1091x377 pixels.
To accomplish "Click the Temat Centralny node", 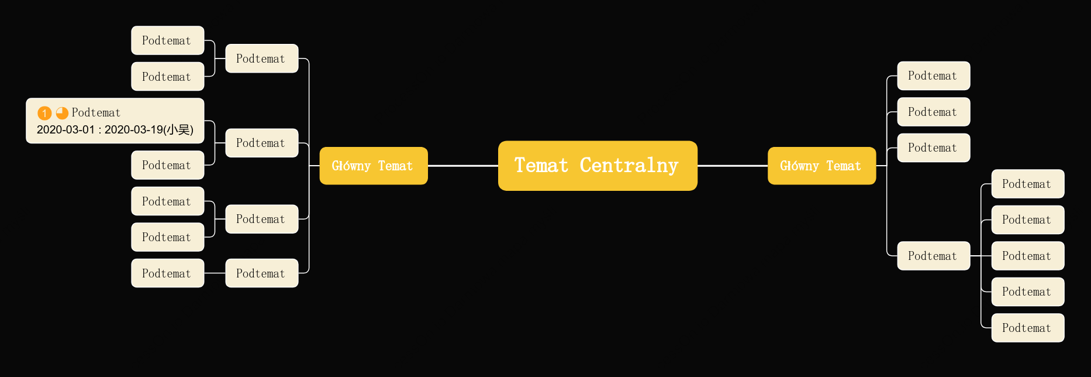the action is click(x=598, y=166).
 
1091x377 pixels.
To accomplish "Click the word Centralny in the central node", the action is click(x=629, y=166).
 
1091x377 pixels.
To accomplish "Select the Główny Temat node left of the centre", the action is click(x=374, y=166).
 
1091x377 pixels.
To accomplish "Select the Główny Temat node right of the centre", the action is click(x=821, y=166).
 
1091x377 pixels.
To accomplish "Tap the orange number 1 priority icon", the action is click(x=44, y=113).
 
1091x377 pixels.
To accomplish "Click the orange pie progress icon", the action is click(x=62, y=112).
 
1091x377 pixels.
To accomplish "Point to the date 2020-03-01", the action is click(x=65, y=129).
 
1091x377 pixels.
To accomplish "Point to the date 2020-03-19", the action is click(x=134, y=129).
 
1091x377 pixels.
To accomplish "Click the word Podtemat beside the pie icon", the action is click(x=96, y=112).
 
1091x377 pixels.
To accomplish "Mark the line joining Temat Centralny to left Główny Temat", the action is click(x=463, y=166).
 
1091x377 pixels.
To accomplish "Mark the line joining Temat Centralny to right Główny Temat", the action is click(x=733, y=166).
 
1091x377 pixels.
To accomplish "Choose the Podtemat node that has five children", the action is click(x=934, y=256).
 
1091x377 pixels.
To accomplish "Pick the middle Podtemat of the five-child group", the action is click(x=1028, y=256).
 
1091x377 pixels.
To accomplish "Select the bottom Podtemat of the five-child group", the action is click(x=1028, y=328).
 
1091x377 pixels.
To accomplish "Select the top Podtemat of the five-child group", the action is click(x=1028, y=184).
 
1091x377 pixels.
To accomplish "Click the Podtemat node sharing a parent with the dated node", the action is click(x=168, y=165).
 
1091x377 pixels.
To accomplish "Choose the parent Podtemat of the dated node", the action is click(x=262, y=143).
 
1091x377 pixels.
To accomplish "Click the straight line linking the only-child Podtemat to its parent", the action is click(x=215, y=273).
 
